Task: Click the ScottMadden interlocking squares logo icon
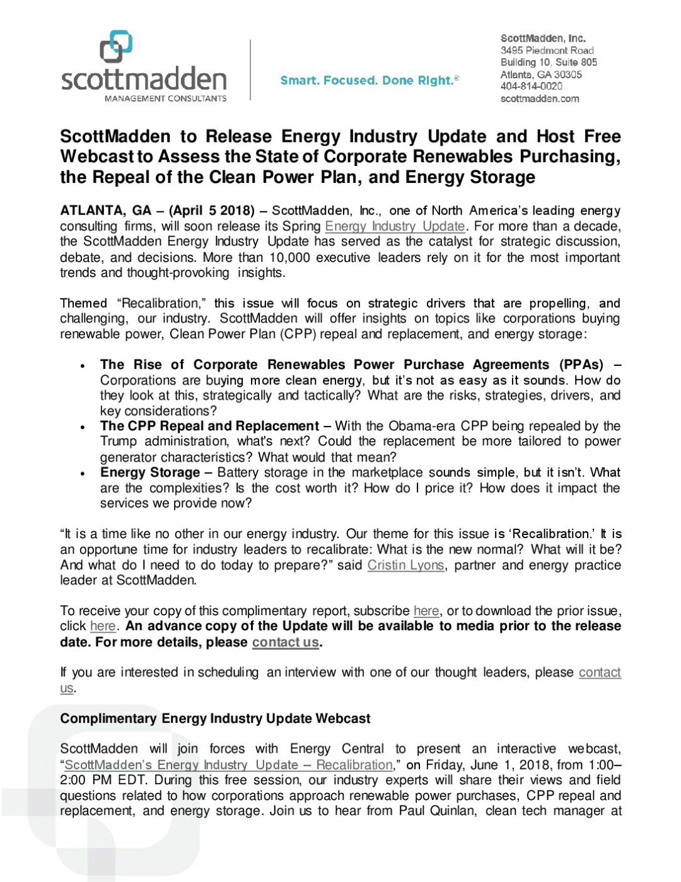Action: click(x=116, y=46)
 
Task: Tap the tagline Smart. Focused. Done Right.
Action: click(x=370, y=80)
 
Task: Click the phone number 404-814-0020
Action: click(x=531, y=86)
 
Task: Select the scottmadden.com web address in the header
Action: click(x=539, y=98)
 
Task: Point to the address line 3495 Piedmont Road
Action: click(x=547, y=50)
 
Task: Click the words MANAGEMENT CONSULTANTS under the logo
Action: click(x=165, y=98)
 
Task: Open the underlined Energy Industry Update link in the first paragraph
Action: click(x=395, y=226)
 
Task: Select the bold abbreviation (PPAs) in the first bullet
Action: click(x=581, y=365)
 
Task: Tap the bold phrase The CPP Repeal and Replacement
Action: click(x=209, y=426)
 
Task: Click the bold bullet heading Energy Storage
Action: click(x=150, y=473)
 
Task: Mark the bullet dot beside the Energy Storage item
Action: click(x=83, y=473)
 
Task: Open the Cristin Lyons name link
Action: click(x=405, y=565)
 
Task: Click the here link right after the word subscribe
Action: click(x=426, y=611)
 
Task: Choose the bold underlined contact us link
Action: click(x=285, y=642)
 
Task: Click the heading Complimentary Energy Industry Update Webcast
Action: click(x=215, y=719)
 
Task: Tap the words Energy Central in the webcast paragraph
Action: click(x=336, y=749)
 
